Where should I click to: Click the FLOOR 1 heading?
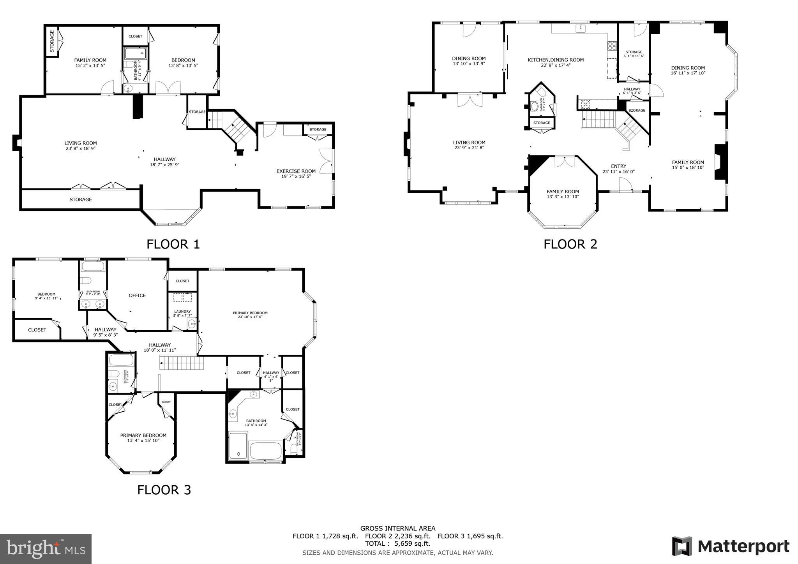tap(173, 244)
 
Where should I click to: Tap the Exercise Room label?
tap(296, 173)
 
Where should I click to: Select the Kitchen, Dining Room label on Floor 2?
tap(556, 62)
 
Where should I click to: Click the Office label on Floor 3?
tap(137, 295)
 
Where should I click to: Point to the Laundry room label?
tap(182, 313)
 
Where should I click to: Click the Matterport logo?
tap(730, 546)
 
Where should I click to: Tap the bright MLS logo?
tap(46, 548)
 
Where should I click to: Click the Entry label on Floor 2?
tap(618, 169)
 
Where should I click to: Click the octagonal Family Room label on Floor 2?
tap(563, 194)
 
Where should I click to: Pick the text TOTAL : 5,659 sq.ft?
tap(397, 543)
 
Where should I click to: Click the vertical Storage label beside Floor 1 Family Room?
tap(52, 41)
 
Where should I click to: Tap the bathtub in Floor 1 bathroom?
tap(135, 53)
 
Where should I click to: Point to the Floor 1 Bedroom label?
tap(183, 62)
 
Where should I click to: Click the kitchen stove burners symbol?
tap(612, 46)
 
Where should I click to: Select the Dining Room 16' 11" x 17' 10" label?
tap(688, 70)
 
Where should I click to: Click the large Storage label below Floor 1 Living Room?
tap(81, 199)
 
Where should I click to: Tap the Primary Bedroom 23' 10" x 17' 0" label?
tap(250, 315)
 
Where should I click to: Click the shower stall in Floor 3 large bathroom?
tap(238, 445)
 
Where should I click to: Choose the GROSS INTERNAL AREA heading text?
tap(397, 529)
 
